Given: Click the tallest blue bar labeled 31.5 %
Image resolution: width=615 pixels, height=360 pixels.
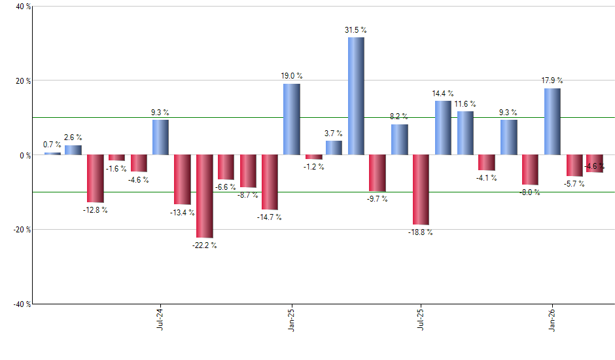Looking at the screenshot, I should [356, 96].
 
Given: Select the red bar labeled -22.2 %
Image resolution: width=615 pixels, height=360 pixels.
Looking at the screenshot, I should [204, 196].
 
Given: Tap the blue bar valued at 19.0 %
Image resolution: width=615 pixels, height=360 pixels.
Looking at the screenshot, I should [291, 119].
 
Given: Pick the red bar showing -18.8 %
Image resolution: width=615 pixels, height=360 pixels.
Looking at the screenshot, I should [421, 190].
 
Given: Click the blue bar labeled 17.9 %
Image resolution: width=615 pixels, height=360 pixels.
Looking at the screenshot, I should [552, 122].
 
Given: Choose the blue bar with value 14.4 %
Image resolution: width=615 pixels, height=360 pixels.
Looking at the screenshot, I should [443, 128].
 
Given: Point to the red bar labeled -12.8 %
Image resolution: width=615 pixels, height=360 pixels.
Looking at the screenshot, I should [96, 179].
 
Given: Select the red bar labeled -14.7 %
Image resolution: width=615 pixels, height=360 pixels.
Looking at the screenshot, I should [270, 182].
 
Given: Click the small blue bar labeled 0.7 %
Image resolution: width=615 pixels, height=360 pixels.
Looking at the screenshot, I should [52, 153].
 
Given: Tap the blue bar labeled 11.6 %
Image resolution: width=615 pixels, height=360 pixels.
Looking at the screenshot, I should [465, 133].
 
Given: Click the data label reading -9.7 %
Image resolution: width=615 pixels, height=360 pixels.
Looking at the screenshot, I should [377, 199].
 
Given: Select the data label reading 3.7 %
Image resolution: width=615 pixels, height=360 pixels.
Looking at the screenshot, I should [334, 134].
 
